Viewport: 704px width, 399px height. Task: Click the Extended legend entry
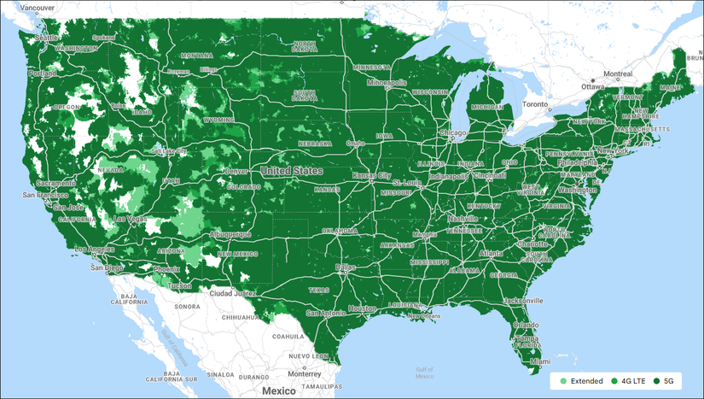coord(582,380)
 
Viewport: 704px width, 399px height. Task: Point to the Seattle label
coord(47,38)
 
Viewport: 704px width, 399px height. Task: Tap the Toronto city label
coord(534,103)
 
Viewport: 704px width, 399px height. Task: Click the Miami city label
coord(535,361)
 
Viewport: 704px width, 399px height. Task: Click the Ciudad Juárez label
coord(232,293)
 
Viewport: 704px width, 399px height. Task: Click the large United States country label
coord(293,171)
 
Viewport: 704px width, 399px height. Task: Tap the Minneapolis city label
coord(387,83)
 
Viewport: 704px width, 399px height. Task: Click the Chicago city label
coord(452,133)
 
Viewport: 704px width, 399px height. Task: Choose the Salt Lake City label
coord(168,151)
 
